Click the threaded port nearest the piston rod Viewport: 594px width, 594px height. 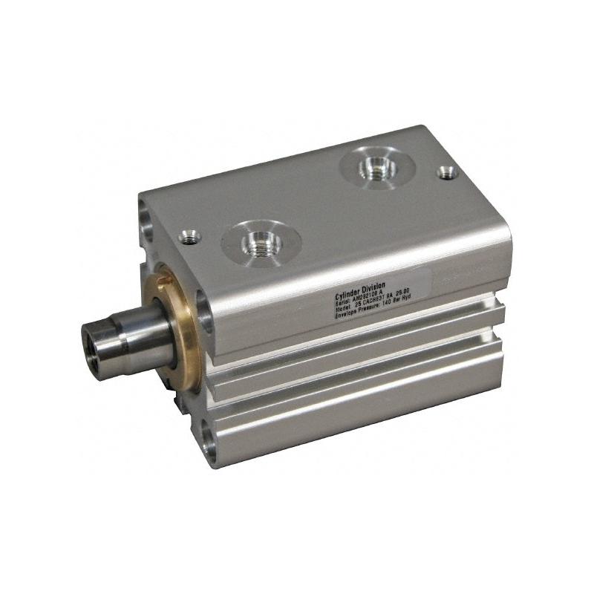261,241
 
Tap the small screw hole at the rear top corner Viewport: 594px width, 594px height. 447,172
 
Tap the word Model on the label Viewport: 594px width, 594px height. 346,305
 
